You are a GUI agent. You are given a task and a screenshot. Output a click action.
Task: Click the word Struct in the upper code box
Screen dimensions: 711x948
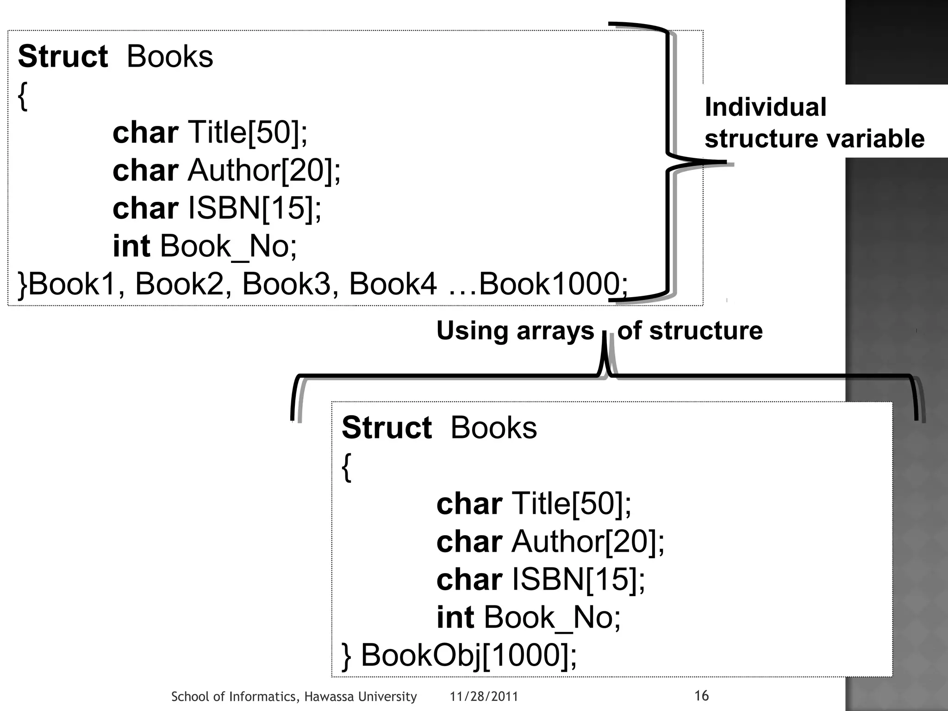coord(63,57)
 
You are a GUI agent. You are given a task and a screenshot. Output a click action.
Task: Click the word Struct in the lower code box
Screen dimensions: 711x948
coord(387,428)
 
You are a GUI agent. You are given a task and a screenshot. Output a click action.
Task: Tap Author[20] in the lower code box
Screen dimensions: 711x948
coord(587,542)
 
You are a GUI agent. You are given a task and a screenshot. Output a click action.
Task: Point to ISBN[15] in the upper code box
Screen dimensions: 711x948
coord(254,208)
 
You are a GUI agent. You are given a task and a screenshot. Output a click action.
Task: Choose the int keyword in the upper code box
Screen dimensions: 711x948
coord(131,246)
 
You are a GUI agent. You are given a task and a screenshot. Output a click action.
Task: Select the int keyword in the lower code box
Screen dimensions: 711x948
coord(455,617)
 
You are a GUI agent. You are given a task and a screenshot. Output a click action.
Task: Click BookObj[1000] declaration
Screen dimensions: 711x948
coord(468,655)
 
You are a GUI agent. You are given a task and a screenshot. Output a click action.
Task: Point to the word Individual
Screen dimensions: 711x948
coord(765,107)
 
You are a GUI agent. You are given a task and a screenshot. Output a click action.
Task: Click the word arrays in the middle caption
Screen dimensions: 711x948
coord(555,331)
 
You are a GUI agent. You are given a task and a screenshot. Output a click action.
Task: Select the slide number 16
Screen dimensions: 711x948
coord(701,695)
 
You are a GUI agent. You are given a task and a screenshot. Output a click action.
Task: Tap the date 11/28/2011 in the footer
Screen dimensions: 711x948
coord(484,697)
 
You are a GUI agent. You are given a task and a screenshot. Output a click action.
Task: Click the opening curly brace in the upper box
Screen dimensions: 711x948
coord(23,96)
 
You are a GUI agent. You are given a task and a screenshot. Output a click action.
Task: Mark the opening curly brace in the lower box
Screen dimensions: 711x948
coord(347,468)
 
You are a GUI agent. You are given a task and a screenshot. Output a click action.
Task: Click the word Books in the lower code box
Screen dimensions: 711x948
coord(493,428)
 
